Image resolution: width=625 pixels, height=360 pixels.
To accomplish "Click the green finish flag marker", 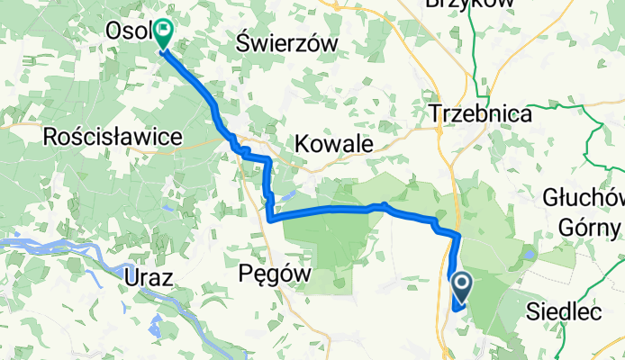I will click(163, 34).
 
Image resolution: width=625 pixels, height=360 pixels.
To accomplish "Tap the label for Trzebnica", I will click(480, 114).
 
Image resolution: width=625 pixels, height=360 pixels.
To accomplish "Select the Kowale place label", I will click(334, 143).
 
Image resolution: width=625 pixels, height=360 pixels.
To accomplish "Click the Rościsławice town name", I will click(113, 137).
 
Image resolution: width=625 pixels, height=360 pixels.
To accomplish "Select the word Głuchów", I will click(584, 197).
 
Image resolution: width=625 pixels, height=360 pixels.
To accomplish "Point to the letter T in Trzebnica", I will click(436, 114).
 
